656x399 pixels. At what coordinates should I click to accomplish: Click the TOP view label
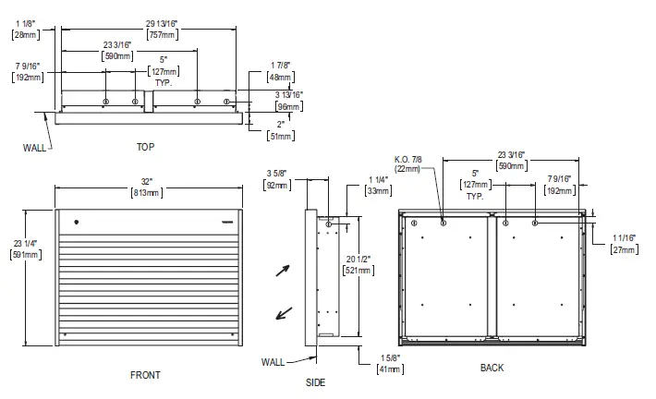pyautogui.click(x=146, y=146)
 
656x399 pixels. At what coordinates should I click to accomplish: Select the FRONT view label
pyautogui.click(x=145, y=374)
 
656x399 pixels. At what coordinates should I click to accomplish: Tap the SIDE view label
pyautogui.click(x=314, y=381)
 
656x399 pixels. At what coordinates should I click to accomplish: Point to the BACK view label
pyautogui.click(x=492, y=368)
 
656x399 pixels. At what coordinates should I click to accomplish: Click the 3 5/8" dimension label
pyautogui.click(x=276, y=179)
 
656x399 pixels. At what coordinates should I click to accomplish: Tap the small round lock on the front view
pyautogui.click(x=77, y=222)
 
